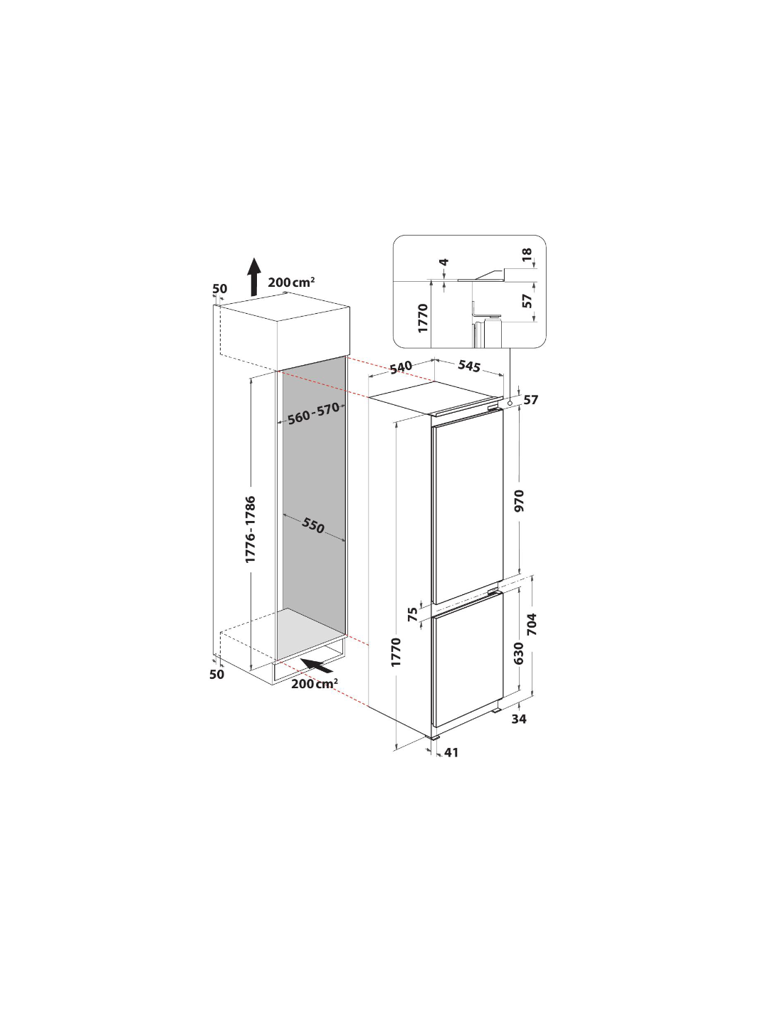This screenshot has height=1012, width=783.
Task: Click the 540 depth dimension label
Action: point(401,367)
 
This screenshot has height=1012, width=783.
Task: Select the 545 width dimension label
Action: point(468,366)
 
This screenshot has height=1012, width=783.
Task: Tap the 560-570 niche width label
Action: point(313,414)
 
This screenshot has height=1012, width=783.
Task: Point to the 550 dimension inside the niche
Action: point(312,526)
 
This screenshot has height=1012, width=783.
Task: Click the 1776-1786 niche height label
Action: point(251,529)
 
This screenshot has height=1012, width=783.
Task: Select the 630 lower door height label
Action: point(518,653)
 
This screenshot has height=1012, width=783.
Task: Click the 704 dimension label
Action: point(532,624)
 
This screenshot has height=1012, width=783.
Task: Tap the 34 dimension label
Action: point(518,719)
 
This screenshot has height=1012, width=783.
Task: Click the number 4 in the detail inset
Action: point(444,262)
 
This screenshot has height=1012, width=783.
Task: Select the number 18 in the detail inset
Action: point(526,254)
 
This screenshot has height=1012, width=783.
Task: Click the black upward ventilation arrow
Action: point(254,277)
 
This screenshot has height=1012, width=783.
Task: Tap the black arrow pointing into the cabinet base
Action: point(317,665)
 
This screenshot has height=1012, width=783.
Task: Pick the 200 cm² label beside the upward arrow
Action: point(291,282)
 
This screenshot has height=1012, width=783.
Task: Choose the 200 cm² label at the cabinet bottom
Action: point(315,684)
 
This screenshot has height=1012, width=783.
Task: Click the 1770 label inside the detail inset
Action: point(423,318)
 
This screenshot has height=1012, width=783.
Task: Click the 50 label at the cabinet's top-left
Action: point(219,288)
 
